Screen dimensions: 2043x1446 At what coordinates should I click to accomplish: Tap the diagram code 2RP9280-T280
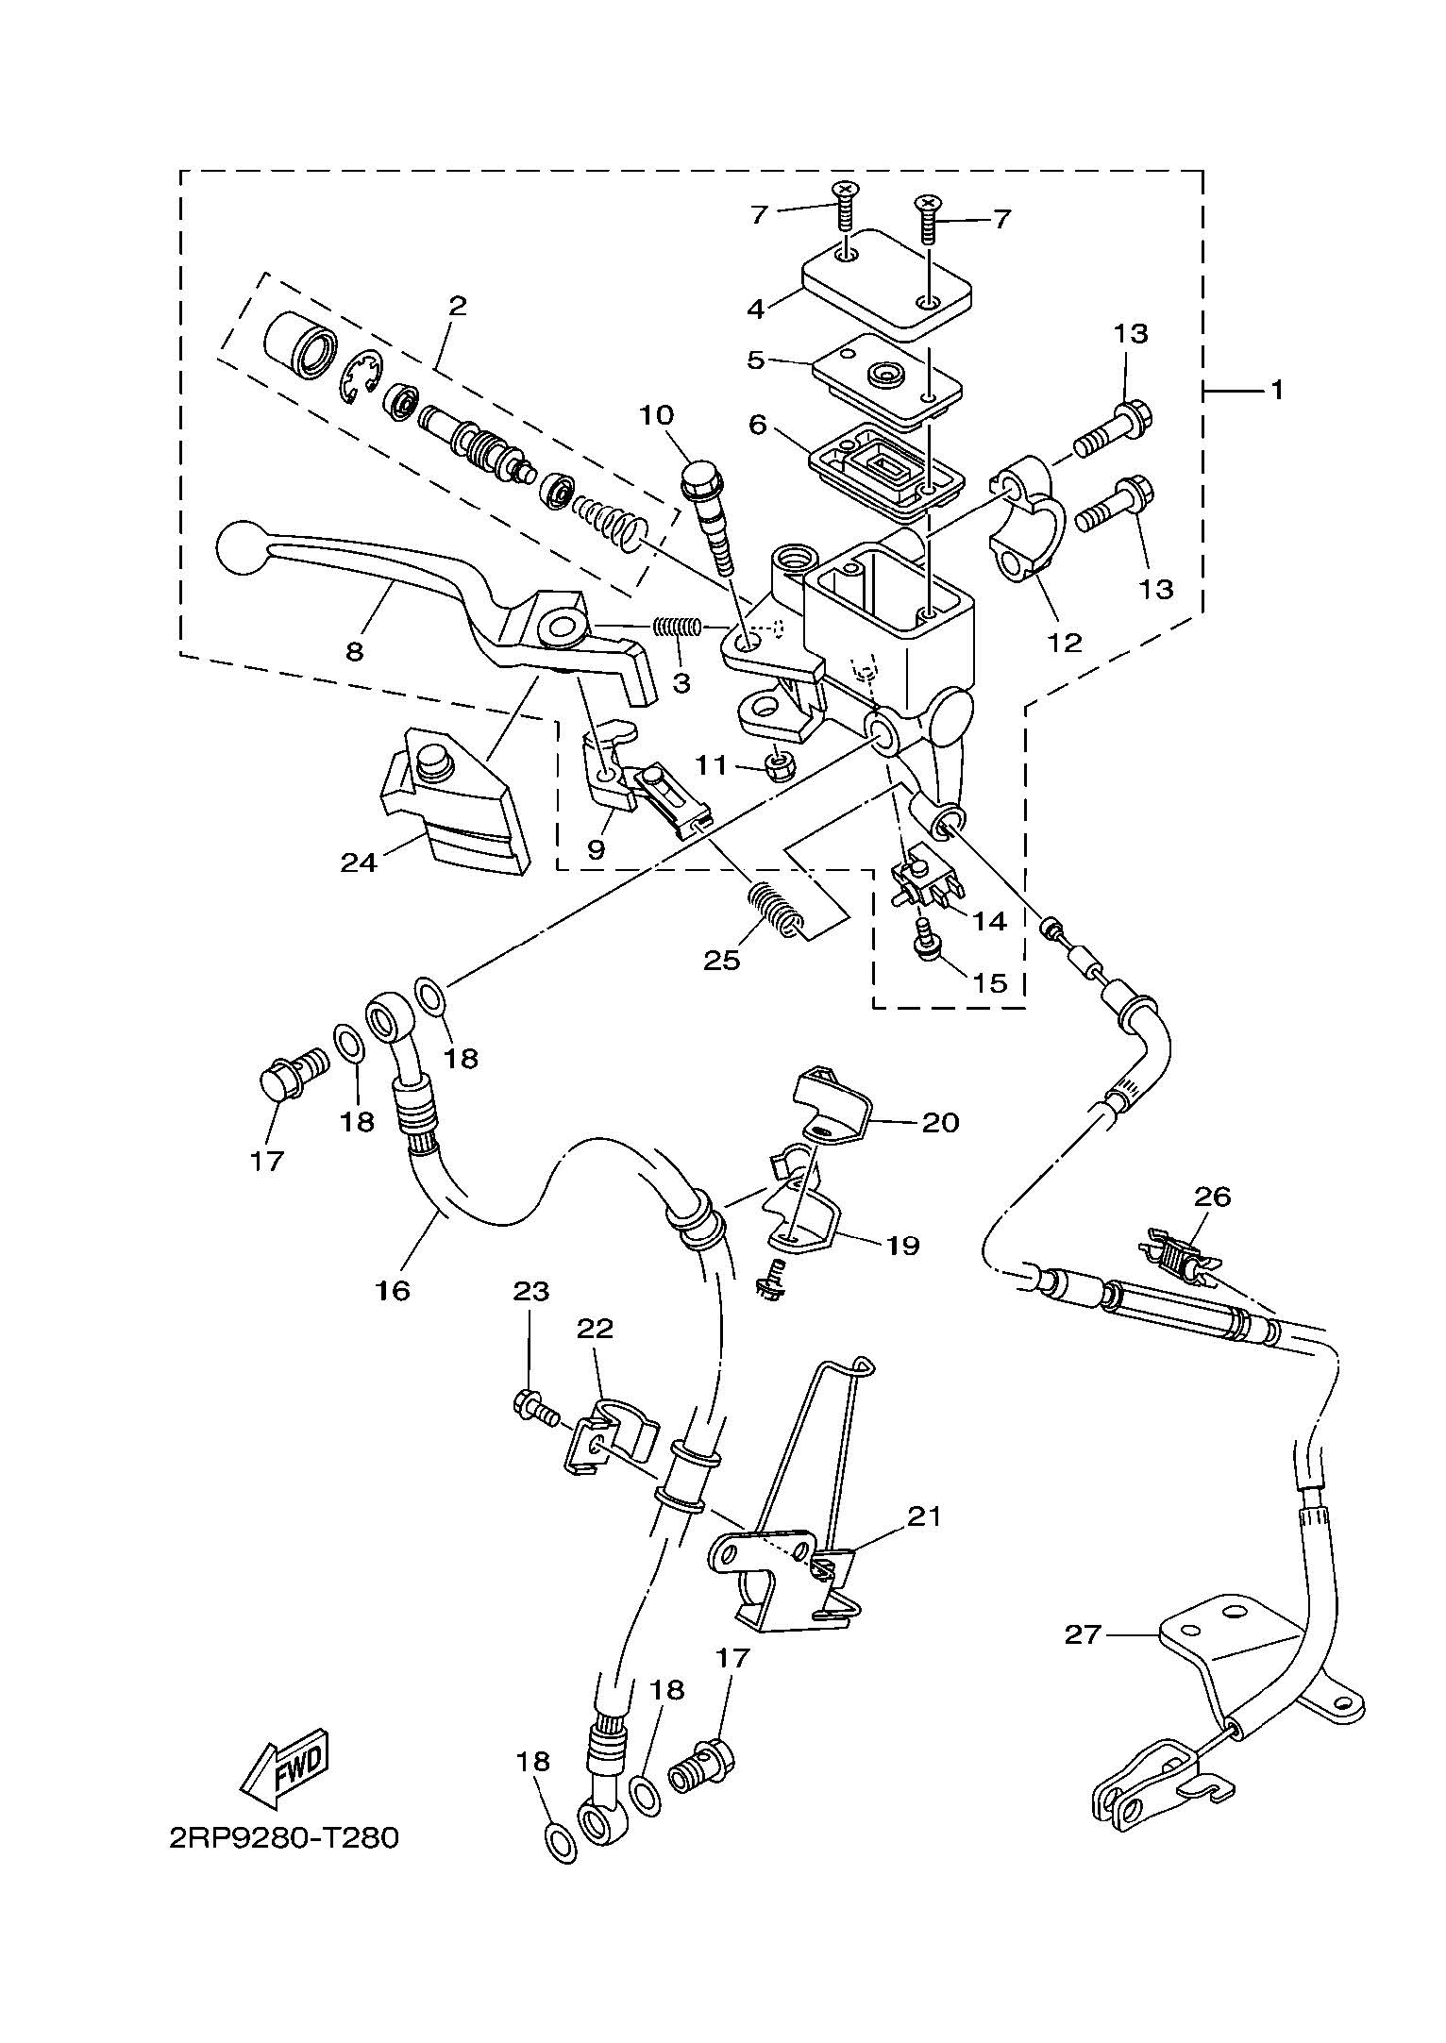click(284, 1838)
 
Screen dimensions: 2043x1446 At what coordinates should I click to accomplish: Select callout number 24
click(360, 862)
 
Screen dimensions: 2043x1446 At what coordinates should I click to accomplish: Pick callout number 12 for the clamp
click(1064, 642)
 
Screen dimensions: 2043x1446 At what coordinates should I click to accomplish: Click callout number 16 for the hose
click(393, 1289)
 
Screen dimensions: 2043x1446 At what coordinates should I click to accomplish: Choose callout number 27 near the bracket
click(1084, 1633)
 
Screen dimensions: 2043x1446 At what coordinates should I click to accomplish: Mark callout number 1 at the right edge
click(1276, 390)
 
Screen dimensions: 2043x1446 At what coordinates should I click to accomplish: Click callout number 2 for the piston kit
click(458, 305)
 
